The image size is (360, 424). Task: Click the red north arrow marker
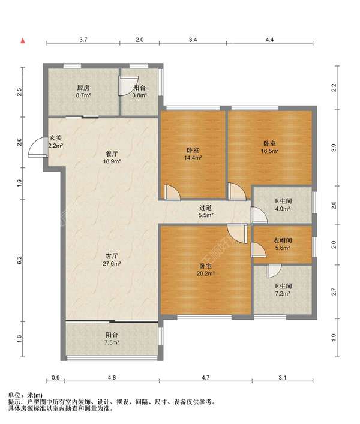(x=23, y=41)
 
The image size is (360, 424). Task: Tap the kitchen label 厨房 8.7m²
(x=83, y=91)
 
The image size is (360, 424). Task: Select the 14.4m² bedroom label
(x=193, y=154)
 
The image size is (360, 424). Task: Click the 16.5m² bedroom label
(x=269, y=147)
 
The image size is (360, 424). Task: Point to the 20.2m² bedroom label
(x=206, y=269)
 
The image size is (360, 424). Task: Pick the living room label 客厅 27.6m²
(x=112, y=259)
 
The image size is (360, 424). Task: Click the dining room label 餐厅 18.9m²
(x=112, y=157)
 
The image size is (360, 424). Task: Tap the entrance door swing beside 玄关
(x=37, y=147)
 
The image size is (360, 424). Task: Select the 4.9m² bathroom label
(x=283, y=205)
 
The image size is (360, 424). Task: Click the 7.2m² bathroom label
(x=283, y=290)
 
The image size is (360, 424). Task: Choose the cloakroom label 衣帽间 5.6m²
(x=283, y=244)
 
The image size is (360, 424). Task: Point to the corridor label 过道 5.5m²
(x=206, y=212)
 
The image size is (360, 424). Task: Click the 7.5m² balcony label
(x=112, y=339)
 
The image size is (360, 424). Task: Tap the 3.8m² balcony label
(x=140, y=91)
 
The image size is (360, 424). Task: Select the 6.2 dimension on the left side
(x=19, y=260)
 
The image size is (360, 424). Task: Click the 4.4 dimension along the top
(x=269, y=40)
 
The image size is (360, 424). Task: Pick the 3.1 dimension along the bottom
(x=283, y=377)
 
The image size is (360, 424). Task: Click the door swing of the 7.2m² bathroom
(x=274, y=271)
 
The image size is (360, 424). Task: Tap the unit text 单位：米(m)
(x=25, y=395)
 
